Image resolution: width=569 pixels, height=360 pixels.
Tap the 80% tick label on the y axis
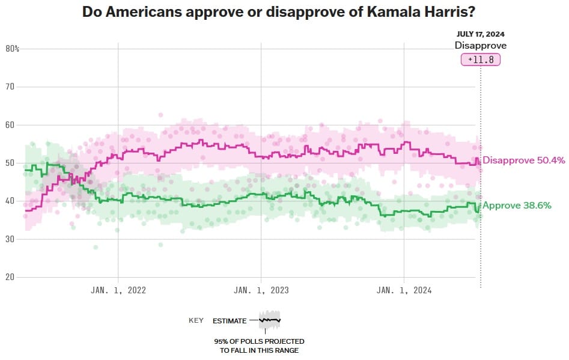click(x=13, y=49)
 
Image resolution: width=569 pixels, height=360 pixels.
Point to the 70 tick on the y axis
click(x=10, y=87)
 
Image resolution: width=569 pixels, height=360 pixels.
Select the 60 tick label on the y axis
click(x=10, y=125)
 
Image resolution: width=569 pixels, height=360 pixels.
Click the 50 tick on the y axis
click(x=10, y=163)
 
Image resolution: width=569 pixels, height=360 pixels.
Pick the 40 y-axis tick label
click(x=10, y=201)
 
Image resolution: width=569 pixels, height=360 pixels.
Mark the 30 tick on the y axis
click(x=10, y=239)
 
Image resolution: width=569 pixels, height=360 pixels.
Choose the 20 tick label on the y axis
click(x=10, y=277)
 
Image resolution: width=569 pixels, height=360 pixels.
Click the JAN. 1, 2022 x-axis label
click(x=118, y=290)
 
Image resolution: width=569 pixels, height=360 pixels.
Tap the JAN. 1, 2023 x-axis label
click(x=261, y=290)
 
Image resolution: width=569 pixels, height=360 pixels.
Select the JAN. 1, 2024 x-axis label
click(x=404, y=290)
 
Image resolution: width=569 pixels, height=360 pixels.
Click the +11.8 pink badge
click(x=480, y=60)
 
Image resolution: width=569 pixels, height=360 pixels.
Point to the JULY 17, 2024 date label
click(x=480, y=35)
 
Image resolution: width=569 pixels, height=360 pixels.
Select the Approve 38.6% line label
click(x=517, y=206)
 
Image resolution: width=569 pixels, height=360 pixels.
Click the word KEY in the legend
click(x=196, y=321)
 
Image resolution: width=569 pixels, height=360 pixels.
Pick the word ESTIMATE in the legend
click(x=230, y=321)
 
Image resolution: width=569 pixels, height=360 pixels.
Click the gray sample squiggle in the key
click(x=270, y=320)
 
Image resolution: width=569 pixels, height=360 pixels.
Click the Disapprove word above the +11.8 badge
click(x=480, y=46)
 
